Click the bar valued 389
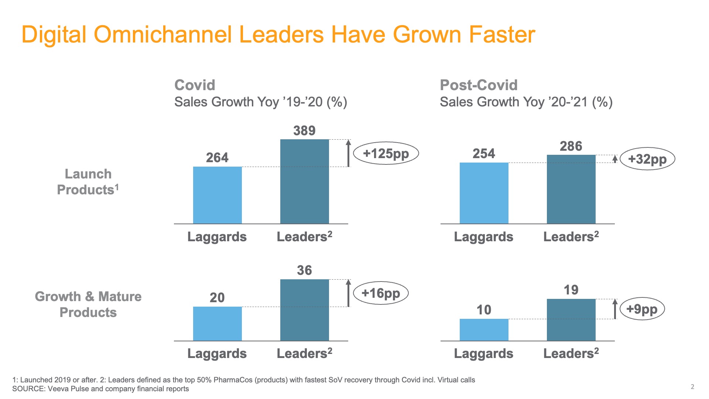pos(304,181)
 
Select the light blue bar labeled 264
pos(217,195)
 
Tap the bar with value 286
pos(571,189)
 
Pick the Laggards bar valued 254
pos(484,193)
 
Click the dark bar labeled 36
pos(304,310)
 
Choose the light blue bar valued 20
pos(217,324)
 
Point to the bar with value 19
pos(571,320)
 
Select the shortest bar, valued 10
pos(484,330)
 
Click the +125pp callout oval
pos(386,153)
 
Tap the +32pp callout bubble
pos(647,159)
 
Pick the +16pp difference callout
pos(381,293)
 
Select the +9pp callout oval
pos(642,309)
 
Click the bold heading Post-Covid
pos(479,85)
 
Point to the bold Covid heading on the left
pos(195,85)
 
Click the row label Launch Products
pos(88,182)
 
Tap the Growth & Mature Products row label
pos(88,304)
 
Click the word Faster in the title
pos(501,35)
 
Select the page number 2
pos(692,387)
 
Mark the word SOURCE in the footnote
pos(28,389)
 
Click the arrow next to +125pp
pos(348,153)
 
